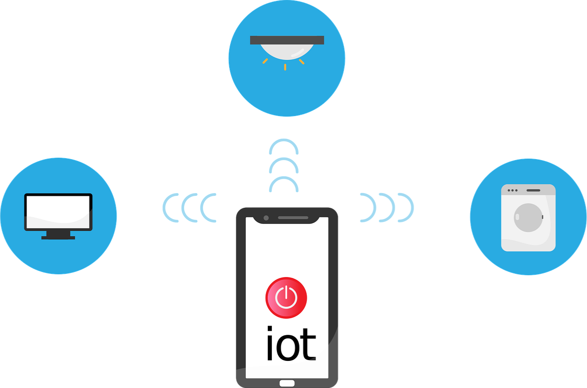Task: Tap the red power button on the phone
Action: tap(286, 298)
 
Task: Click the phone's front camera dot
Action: tap(266, 217)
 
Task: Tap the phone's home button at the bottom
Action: tap(287, 383)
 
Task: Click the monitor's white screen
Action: tap(58, 212)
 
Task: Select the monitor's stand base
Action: tap(58, 237)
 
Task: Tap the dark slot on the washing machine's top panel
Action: tap(533, 190)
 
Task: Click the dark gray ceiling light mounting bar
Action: tap(287, 40)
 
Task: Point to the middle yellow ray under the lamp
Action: tap(285, 67)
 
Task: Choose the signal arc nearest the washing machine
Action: tap(410, 208)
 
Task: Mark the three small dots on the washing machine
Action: tap(511, 190)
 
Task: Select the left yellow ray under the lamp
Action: tap(265, 61)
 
